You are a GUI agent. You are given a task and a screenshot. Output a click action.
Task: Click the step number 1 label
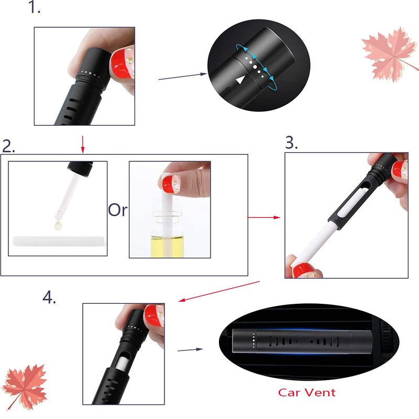tap(34, 7)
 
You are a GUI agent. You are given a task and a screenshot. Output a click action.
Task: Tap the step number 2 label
tap(8, 146)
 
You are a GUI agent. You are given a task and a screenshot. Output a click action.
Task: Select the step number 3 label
tap(291, 142)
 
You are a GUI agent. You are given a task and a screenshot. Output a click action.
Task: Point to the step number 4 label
tap(49, 297)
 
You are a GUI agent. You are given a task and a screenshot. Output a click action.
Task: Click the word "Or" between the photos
tap(117, 210)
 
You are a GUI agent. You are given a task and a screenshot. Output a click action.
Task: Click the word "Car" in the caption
tap(289, 392)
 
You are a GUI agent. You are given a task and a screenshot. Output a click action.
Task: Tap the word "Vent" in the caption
tap(321, 392)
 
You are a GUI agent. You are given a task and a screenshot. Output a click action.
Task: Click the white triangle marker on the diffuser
tap(241, 80)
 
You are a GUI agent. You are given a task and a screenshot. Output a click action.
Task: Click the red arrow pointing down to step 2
tap(83, 145)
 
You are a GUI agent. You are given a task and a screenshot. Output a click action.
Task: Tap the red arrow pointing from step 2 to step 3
tap(264, 217)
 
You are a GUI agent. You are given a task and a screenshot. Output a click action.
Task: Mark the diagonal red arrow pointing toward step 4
tap(219, 291)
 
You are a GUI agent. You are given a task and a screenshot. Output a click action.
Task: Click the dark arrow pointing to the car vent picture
tap(190, 349)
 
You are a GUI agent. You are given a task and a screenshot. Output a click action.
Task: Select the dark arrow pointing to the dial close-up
tap(182, 76)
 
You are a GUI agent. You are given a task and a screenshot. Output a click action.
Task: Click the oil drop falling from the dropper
tap(58, 225)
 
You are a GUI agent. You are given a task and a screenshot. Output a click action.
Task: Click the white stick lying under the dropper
tap(59, 241)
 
